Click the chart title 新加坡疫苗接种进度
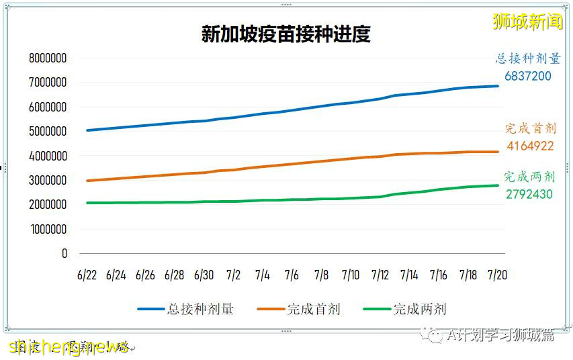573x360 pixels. [x=285, y=34]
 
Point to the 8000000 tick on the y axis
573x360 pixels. [x=48, y=58]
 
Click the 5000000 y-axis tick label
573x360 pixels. [x=48, y=132]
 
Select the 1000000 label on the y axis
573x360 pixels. [x=48, y=229]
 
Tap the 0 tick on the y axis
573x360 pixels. [x=64, y=254]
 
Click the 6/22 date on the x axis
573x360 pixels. [x=87, y=275]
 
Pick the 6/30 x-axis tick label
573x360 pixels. [x=204, y=275]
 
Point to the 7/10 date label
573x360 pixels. [x=350, y=275]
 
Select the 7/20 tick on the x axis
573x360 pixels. [x=497, y=275]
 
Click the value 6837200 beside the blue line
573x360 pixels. [x=528, y=77]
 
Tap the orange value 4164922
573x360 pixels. [x=530, y=146]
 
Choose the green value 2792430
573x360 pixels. [x=530, y=194]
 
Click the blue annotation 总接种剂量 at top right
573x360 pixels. [x=528, y=59]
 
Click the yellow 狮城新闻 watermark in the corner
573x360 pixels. [x=527, y=21]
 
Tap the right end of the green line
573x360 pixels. [x=498, y=185]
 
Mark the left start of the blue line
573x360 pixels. [x=87, y=130]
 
